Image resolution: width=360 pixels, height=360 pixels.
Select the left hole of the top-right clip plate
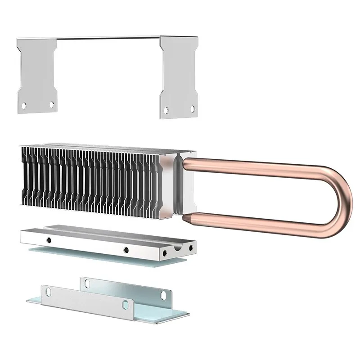[x=166, y=109]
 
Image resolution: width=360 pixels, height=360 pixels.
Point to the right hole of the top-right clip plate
[x=193, y=108]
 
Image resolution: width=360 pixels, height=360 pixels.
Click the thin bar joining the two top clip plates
[x=108, y=38]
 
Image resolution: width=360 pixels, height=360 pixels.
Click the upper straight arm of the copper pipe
[x=252, y=165]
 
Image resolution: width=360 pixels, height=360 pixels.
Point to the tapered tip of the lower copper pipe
[x=185, y=217]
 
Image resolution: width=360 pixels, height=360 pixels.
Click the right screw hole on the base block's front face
[x=126, y=250]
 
